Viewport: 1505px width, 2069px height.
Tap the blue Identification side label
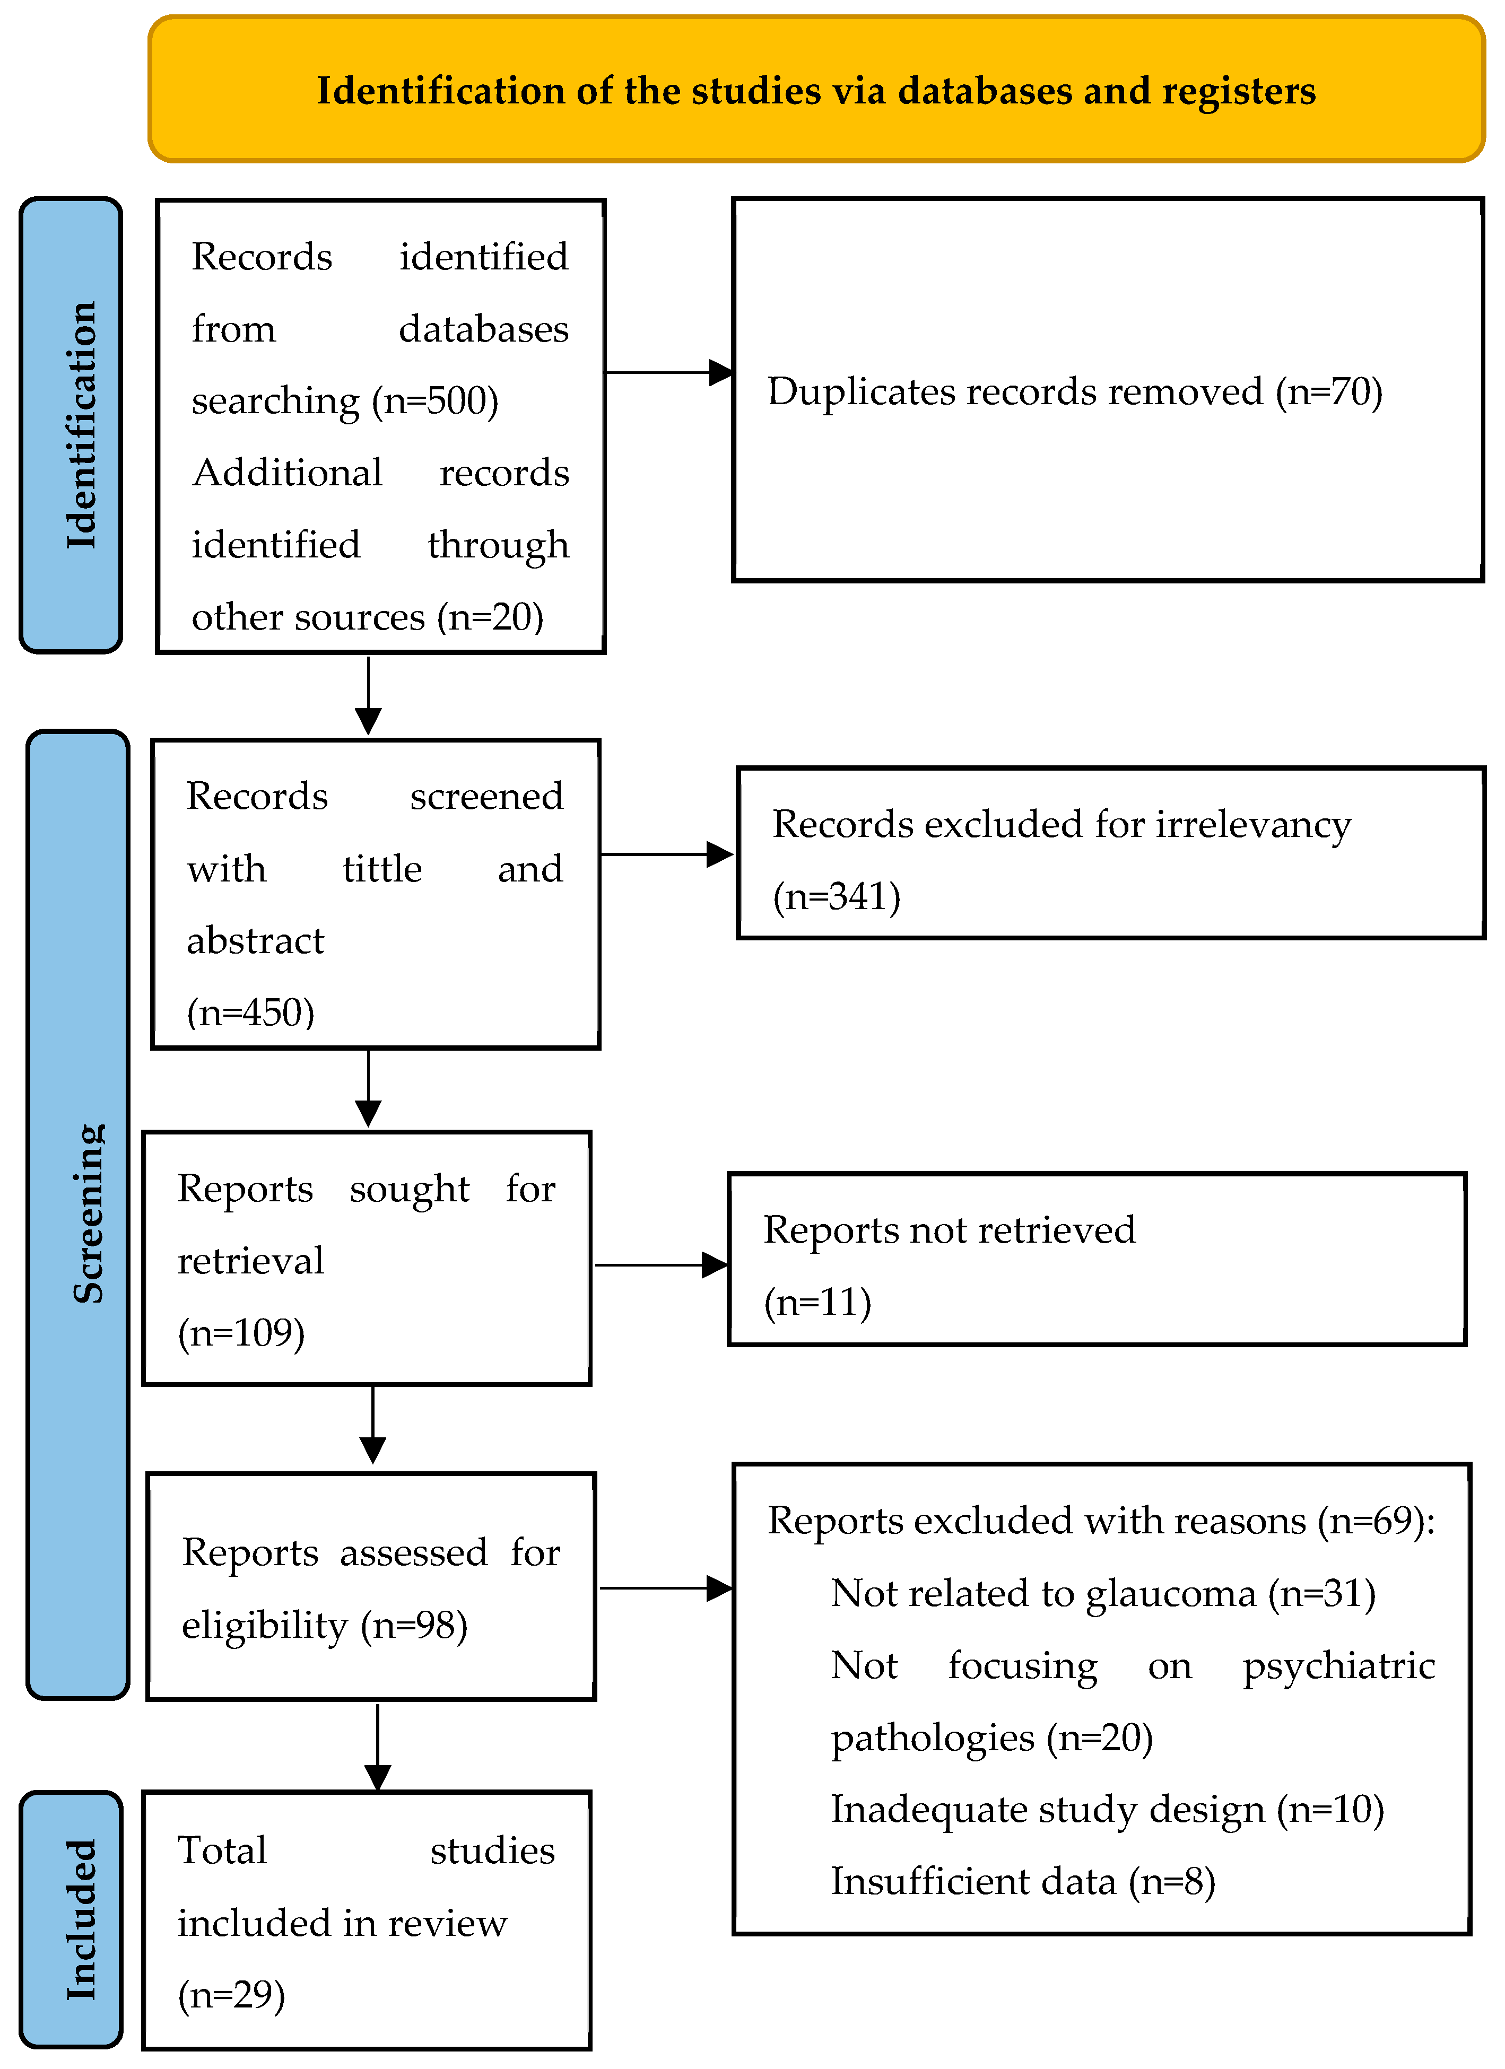click(x=71, y=425)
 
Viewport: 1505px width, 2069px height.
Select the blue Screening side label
click(x=79, y=1214)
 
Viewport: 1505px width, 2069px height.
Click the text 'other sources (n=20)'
click(x=367, y=617)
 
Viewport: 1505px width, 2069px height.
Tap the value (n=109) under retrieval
click(x=241, y=1333)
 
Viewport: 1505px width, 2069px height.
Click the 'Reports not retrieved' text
click(x=949, y=1230)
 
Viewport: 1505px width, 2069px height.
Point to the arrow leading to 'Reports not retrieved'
click(x=661, y=1265)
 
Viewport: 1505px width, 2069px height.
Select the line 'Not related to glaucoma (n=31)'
click(x=1102, y=1593)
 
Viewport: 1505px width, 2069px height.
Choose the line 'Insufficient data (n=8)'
click(x=1022, y=1881)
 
